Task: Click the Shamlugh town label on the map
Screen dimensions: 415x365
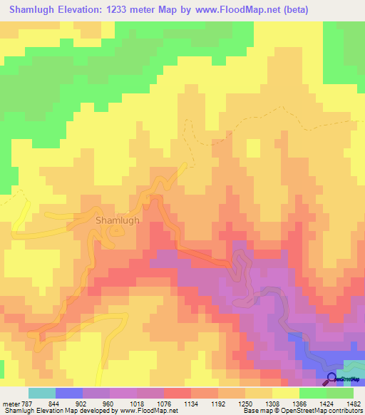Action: pyautogui.click(x=118, y=220)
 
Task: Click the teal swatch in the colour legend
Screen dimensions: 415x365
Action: pyautogui.click(x=41, y=393)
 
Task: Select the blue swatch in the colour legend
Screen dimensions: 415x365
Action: pyautogui.click(x=68, y=393)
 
